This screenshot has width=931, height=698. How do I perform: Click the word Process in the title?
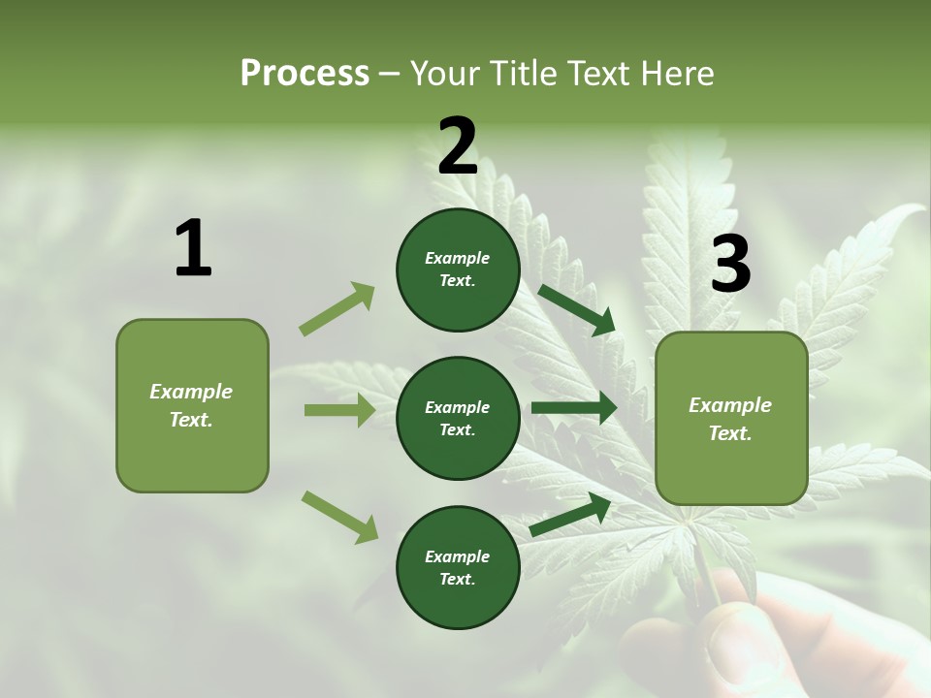305,73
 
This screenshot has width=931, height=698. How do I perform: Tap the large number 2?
458,146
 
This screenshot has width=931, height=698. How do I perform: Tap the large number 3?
730,264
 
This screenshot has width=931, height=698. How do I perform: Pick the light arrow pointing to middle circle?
339,410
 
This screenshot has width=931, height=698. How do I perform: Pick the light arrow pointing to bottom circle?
339,517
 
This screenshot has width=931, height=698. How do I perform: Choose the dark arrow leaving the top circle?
576,310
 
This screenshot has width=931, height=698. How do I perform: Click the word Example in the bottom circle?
457,556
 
